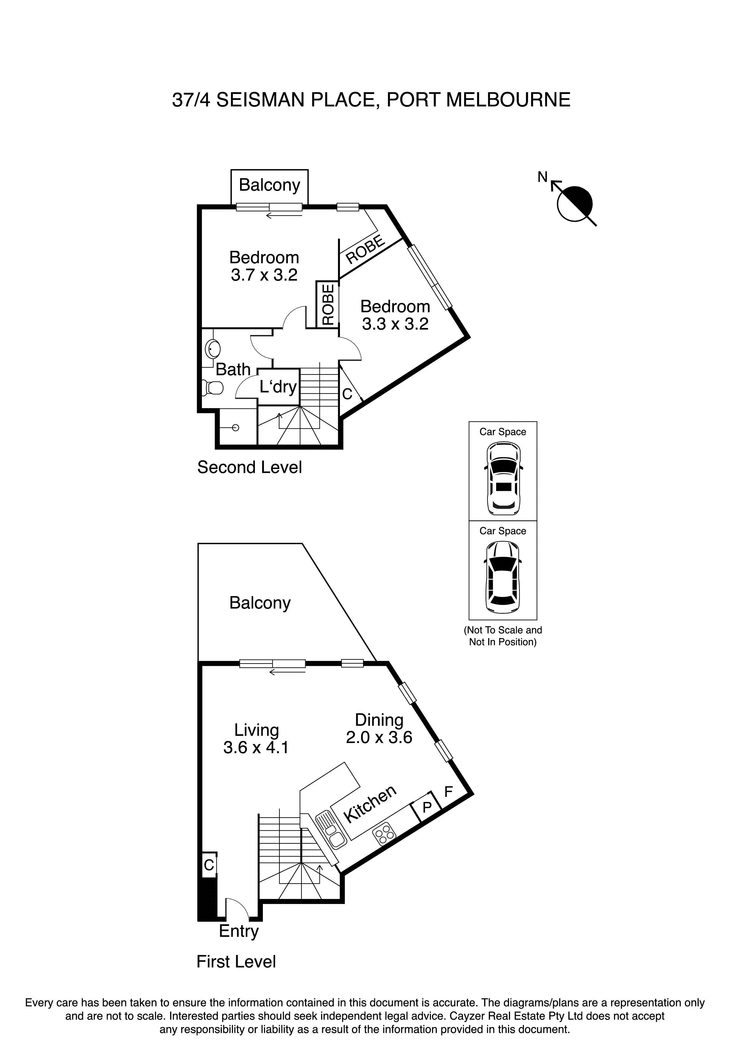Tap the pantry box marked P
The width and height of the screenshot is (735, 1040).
click(426, 807)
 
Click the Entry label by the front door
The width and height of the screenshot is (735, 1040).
click(239, 931)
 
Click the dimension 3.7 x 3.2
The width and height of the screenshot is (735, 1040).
click(264, 275)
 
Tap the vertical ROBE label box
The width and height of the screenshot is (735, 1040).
click(328, 304)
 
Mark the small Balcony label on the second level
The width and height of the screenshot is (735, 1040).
click(269, 185)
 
